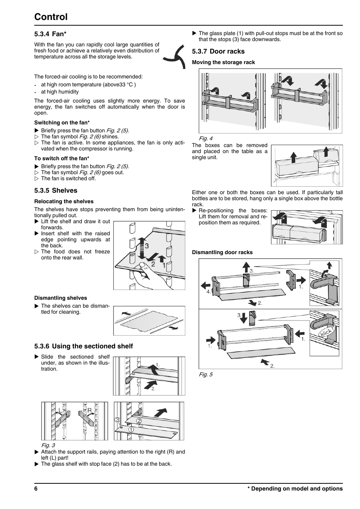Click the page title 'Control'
51,17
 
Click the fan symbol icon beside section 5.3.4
175,57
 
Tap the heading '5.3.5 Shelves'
55,190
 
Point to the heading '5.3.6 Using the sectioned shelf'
83,346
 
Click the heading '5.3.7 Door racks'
218,51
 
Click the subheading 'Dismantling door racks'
222,252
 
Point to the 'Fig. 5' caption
206,374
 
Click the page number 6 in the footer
36,489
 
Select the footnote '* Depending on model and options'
295,489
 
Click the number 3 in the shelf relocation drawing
147,246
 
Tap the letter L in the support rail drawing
60,410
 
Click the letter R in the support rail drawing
89,410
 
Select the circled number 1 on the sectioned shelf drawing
131,429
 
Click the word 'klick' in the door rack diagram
326,332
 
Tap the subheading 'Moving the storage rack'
223,62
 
